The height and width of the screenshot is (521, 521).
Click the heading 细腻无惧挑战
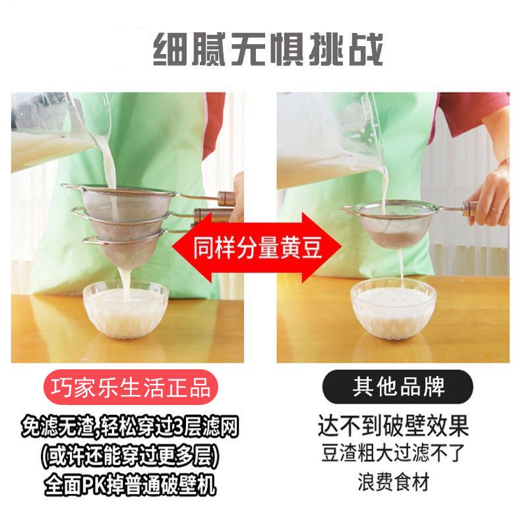coord(268,49)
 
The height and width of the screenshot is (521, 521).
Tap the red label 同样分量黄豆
coord(257,247)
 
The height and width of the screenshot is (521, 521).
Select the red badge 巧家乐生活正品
coord(131,387)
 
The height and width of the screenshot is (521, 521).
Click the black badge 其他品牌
coord(398,386)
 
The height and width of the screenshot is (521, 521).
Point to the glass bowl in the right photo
coord(394,309)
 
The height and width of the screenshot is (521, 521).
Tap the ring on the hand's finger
coord(495,210)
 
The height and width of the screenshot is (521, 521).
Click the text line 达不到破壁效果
coord(394,425)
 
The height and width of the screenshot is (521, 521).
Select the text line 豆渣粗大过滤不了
coord(394,453)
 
